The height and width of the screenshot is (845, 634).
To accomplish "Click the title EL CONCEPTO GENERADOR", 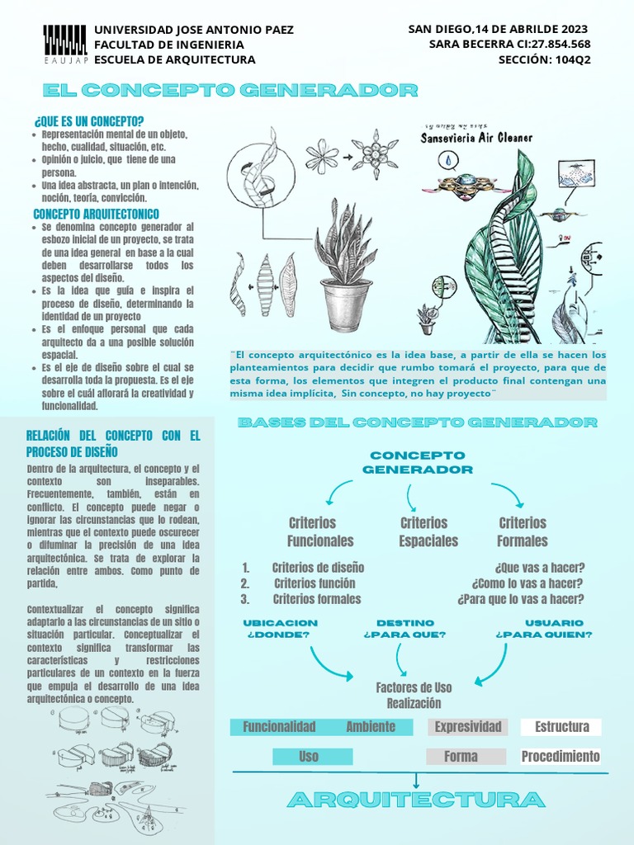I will pyautogui.click(x=230, y=90).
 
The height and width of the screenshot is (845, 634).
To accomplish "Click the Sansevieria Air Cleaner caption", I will pyautogui.click(x=476, y=138).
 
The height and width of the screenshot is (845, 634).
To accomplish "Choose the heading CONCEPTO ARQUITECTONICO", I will pyautogui.click(x=96, y=214).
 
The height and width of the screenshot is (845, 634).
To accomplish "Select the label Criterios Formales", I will pyautogui.click(x=522, y=532).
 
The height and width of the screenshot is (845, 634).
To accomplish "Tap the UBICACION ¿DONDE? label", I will pyautogui.click(x=279, y=629).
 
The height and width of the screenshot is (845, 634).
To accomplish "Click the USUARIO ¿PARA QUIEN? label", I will pyautogui.click(x=543, y=629).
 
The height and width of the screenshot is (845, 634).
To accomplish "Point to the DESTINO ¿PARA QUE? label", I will pyautogui.click(x=405, y=629).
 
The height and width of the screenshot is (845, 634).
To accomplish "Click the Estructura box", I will pyautogui.click(x=561, y=727).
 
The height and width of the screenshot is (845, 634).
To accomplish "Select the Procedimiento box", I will pyautogui.click(x=561, y=757).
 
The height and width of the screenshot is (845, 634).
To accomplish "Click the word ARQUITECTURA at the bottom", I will pyautogui.click(x=416, y=800).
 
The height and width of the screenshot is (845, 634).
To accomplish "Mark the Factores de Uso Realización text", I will pyautogui.click(x=414, y=696).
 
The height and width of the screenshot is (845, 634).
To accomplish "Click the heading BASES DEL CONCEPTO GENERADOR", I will pyautogui.click(x=417, y=422).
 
